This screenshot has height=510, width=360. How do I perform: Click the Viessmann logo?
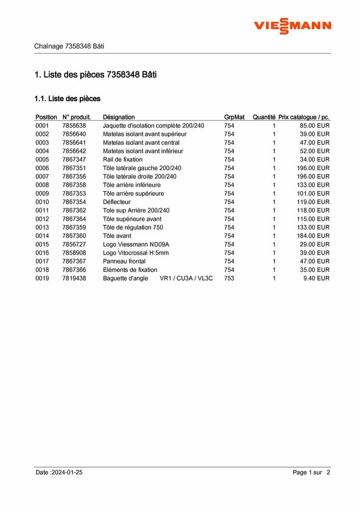(x=293, y=26)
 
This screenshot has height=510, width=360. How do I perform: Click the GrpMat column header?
(x=234, y=117)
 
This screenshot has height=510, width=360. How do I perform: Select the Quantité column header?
(x=263, y=117)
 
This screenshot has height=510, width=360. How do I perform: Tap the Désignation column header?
(x=118, y=117)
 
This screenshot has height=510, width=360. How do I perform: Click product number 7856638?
(x=74, y=126)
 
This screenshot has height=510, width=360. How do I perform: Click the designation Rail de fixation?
(x=123, y=159)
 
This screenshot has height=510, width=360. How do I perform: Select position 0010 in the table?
(x=42, y=202)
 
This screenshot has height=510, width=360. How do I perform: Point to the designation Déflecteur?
(x=116, y=202)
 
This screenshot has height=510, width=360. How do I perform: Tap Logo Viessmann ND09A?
(x=136, y=244)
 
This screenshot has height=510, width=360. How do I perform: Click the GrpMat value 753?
(x=229, y=278)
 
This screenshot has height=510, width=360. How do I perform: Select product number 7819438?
(x=74, y=278)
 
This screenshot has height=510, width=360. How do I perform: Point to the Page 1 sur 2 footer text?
(x=311, y=473)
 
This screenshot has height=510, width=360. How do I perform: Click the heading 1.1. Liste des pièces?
(x=67, y=98)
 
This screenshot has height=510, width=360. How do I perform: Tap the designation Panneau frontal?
(x=124, y=261)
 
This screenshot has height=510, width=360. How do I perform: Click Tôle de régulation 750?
(x=133, y=227)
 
